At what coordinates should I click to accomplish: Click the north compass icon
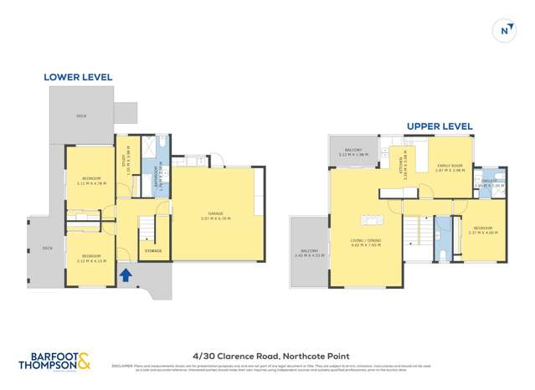(x=505, y=30)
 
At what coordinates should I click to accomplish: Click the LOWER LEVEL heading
(x=78, y=77)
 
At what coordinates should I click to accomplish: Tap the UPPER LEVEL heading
(x=440, y=126)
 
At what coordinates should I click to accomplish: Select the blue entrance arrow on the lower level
(x=125, y=274)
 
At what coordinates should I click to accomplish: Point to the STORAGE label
(x=152, y=250)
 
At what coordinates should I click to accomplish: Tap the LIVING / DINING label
(x=365, y=244)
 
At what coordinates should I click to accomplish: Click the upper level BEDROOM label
(x=482, y=230)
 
